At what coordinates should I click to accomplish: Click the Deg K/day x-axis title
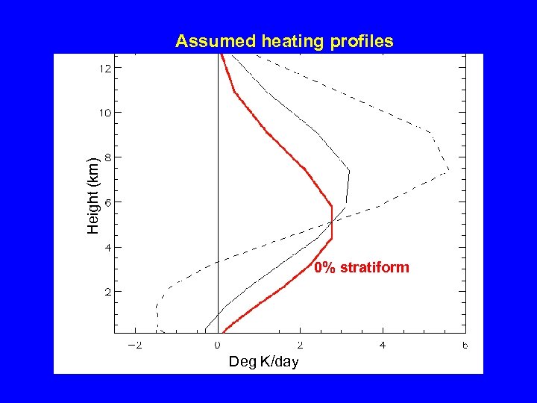click(263, 362)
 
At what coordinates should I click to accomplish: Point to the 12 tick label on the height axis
click(105, 68)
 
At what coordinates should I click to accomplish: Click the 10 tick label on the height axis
click(105, 113)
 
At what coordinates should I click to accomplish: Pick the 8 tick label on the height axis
click(108, 157)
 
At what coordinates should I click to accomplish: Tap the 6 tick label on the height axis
click(108, 202)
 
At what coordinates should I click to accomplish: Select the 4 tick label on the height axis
click(108, 247)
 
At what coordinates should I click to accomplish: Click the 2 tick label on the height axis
click(108, 292)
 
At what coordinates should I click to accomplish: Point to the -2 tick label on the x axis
click(135, 346)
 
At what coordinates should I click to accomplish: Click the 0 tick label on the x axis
click(218, 346)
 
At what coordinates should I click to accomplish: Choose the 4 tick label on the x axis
click(383, 346)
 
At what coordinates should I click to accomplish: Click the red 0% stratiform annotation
click(362, 267)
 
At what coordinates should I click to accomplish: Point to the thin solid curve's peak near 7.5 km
click(348, 172)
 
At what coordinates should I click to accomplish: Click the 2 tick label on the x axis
click(300, 346)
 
